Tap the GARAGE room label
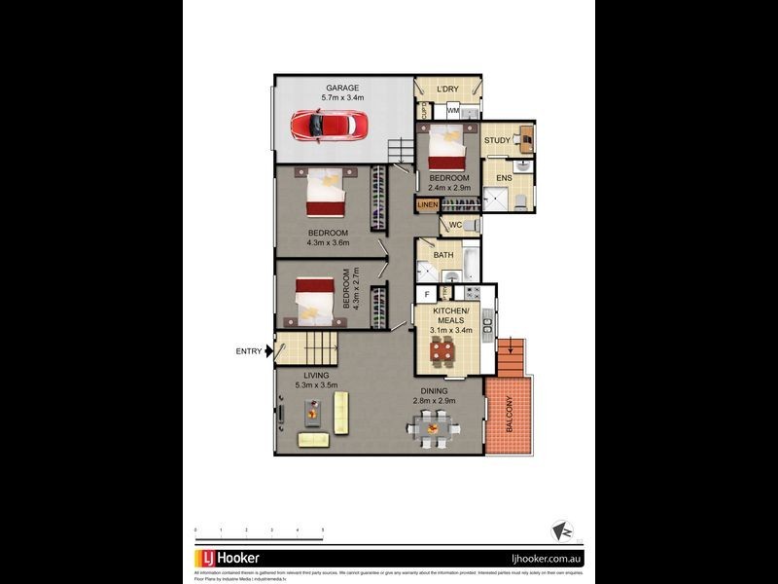click(342, 88)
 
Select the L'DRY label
click(447, 90)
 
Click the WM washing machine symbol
click(453, 111)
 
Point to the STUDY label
click(497, 141)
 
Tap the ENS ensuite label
click(504, 178)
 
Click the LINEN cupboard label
click(427, 205)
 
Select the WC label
click(454, 226)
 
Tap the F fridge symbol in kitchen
click(426, 293)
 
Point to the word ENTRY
click(248, 351)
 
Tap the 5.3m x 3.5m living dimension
click(315, 385)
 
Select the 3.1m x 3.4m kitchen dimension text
click(451, 330)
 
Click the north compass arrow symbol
click(562, 529)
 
